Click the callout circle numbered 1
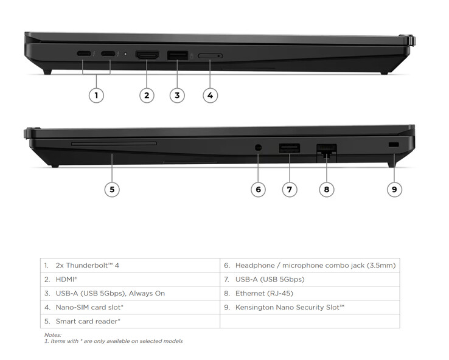click(96, 95)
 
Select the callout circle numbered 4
click(210, 95)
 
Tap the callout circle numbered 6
click(258, 189)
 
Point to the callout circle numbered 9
click(394, 189)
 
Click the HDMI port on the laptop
click(147, 55)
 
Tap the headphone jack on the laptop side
click(258, 148)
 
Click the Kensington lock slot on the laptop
click(393, 145)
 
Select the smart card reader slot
click(113, 144)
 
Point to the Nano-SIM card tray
click(211, 56)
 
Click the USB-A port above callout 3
click(177, 55)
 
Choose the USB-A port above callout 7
click(289, 147)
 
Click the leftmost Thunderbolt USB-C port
click(84, 54)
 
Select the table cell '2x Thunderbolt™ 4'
click(87, 265)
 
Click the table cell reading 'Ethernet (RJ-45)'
click(264, 293)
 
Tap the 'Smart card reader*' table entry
click(88, 321)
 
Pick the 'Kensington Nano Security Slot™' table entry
click(290, 307)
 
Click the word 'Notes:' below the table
click(52, 335)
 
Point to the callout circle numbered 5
click(111, 189)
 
